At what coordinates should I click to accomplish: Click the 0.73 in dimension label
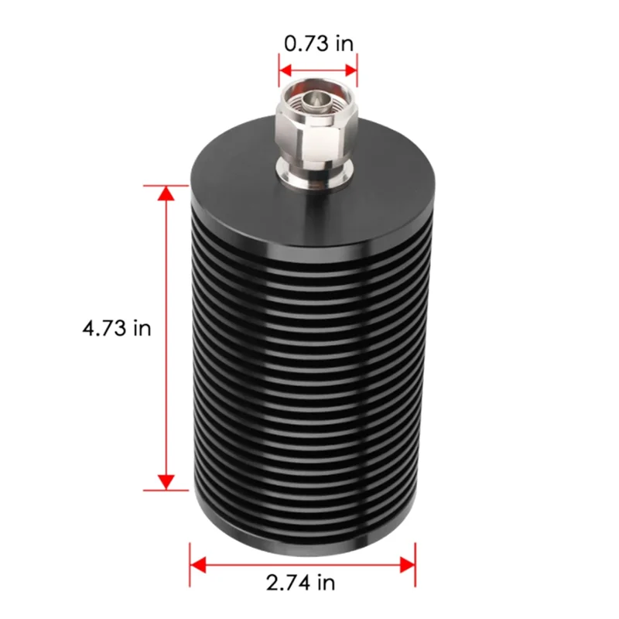pyautogui.click(x=318, y=43)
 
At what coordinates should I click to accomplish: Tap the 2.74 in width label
pyautogui.click(x=302, y=581)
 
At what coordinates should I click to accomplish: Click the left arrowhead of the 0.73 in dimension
pyautogui.click(x=286, y=74)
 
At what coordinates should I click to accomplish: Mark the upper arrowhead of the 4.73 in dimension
pyautogui.click(x=165, y=193)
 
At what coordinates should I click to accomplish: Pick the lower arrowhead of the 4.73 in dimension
pyautogui.click(x=165, y=482)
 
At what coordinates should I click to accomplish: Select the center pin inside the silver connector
pyautogui.click(x=317, y=98)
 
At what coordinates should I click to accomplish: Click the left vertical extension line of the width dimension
pyautogui.click(x=190, y=564)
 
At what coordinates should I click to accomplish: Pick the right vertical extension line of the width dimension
pyautogui.click(x=416, y=564)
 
